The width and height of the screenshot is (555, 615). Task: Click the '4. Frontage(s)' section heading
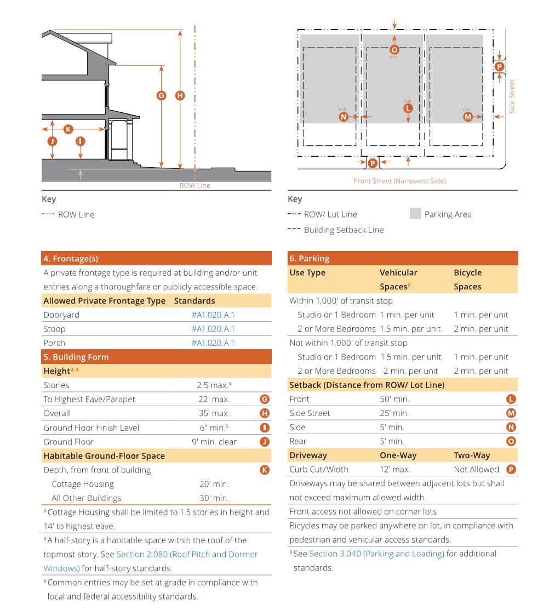[71, 259]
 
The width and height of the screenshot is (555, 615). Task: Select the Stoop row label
[54, 329]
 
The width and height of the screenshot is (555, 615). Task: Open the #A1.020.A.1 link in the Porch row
[213, 343]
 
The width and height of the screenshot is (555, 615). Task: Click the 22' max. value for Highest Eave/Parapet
[214, 399]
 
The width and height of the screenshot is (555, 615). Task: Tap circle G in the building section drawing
[161, 95]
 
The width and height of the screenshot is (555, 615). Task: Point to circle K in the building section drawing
[68, 129]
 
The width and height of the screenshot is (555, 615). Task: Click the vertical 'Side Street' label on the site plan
[512, 96]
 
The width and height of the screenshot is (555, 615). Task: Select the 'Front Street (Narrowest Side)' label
[399, 181]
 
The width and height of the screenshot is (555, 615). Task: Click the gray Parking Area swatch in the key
[415, 214]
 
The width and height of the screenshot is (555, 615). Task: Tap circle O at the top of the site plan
[394, 50]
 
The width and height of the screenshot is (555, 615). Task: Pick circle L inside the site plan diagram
[407, 109]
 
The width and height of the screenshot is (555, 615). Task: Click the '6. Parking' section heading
[310, 259]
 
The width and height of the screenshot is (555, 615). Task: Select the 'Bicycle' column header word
[467, 272]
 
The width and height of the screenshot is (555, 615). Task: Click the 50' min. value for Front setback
[394, 399]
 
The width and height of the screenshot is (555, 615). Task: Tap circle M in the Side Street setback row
[511, 413]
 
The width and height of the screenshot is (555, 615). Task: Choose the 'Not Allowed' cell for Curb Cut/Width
[476, 469]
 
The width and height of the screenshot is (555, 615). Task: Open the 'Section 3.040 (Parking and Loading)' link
[376, 554]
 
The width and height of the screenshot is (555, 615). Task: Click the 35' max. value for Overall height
[214, 413]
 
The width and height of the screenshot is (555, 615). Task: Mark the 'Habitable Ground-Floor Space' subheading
[104, 455]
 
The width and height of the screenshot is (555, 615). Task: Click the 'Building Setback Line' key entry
[344, 230]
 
